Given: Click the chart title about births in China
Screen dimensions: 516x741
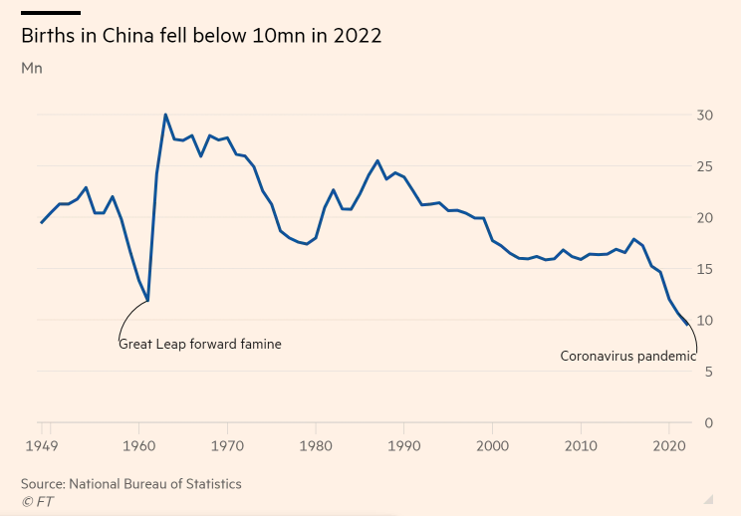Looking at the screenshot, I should (201, 36).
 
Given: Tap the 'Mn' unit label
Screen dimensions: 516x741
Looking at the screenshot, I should (32, 69).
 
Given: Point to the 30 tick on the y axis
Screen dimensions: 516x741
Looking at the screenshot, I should (705, 116).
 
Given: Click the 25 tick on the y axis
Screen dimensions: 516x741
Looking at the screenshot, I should (705, 166).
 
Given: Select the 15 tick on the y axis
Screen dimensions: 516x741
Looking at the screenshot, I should (705, 269).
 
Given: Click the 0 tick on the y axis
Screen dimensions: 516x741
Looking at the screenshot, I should (709, 422).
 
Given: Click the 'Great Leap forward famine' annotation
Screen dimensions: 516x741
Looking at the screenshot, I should (200, 344).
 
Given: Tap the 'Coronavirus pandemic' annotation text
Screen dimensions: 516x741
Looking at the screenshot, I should (627, 356).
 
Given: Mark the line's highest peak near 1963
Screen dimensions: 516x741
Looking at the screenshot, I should (165, 115).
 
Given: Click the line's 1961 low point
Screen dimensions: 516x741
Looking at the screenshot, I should (148, 301).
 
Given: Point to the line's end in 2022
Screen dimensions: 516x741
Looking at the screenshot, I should (687, 325).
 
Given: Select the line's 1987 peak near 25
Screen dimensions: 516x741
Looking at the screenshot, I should (377, 160).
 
